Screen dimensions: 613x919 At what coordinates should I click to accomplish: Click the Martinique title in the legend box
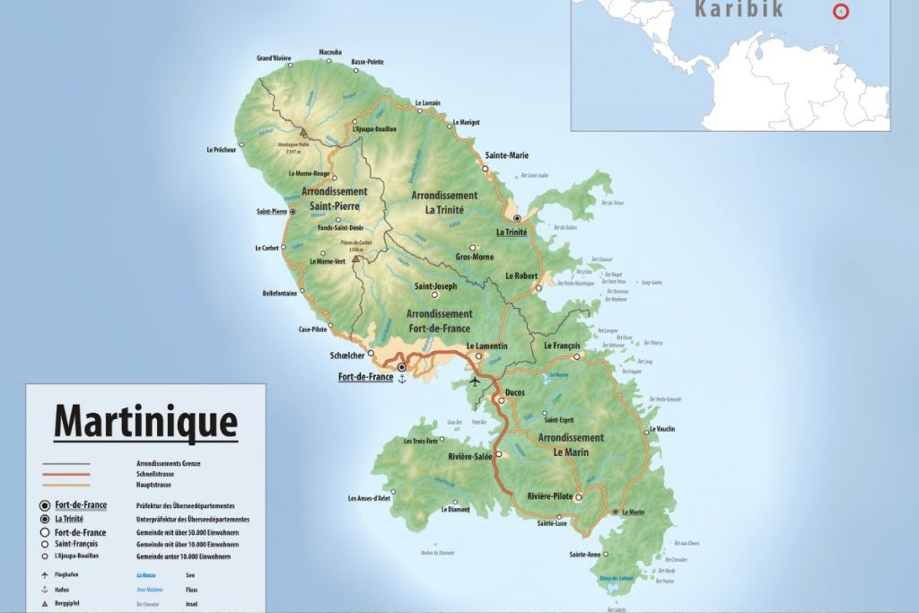[145, 421]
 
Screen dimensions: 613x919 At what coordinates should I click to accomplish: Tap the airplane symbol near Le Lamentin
[475, 381]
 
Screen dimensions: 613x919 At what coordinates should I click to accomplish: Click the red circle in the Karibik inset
[841, 12]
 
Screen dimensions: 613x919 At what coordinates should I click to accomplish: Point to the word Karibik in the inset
[739, 10]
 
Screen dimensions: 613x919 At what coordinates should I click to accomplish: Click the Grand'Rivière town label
[274, 58]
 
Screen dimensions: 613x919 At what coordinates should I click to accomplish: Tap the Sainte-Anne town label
[583, 555]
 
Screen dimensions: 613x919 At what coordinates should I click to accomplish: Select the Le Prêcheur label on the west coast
[221, 150]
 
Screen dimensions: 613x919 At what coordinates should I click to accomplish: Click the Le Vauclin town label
[661, 429]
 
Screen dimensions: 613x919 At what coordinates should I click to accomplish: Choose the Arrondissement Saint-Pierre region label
[335, 198]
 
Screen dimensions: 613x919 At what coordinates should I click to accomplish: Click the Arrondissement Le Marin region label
[571, 445]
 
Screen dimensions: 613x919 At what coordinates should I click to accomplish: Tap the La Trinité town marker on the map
[517, 218]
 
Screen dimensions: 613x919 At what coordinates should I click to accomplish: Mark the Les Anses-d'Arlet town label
[369, 498]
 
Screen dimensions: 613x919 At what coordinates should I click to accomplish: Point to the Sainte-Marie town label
[506, 155]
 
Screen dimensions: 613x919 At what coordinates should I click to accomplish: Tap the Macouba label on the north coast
[330, 52]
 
